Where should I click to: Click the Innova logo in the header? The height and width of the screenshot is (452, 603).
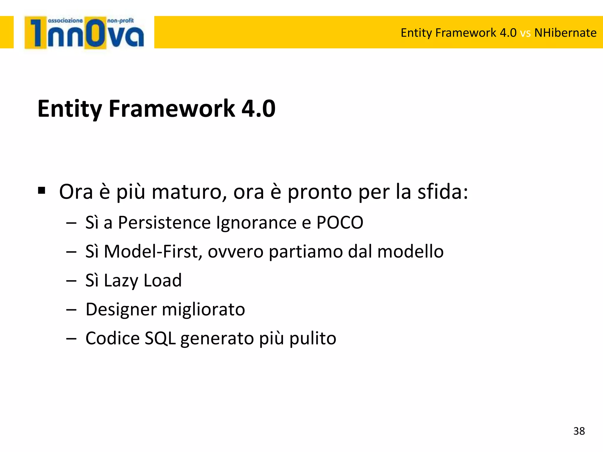84,33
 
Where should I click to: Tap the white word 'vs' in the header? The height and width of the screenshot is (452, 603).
525,33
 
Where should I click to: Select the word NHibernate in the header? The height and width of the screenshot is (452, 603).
565,33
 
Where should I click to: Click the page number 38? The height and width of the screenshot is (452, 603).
579,431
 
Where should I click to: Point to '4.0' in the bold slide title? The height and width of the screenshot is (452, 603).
258,109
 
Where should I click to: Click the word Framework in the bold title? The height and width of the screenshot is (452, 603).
172,109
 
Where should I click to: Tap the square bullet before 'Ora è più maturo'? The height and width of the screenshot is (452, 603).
42,191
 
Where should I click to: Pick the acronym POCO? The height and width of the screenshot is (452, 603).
340,222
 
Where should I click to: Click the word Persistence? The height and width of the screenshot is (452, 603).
164,222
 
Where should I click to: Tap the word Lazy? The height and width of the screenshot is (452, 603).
121,281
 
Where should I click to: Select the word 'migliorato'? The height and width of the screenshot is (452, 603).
203,310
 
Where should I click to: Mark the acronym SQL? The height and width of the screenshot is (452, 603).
160,338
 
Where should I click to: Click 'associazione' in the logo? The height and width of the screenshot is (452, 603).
65,21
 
